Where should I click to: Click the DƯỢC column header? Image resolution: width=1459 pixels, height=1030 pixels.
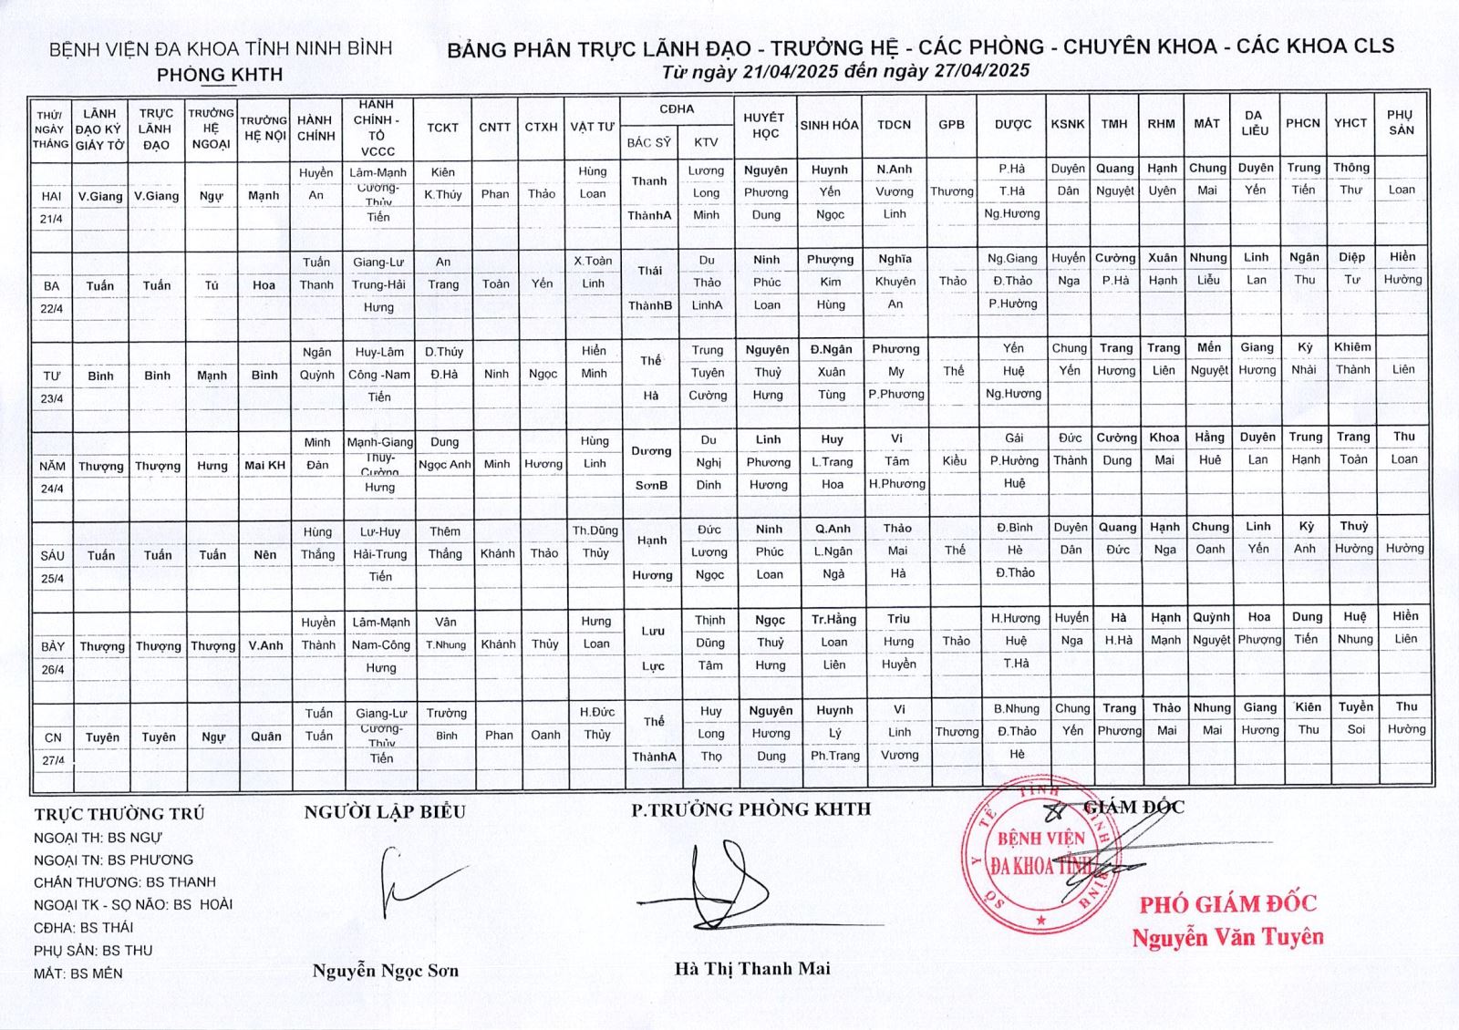[1012, 125]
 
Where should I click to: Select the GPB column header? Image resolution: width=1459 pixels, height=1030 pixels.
[951, 125]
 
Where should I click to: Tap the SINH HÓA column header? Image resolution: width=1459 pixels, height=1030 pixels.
[829, 125]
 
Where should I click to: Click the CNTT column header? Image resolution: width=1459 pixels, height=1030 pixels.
[494, 128]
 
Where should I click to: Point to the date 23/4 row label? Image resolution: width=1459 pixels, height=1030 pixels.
[52, 398]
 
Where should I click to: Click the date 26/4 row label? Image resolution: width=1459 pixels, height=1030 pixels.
[53, 670]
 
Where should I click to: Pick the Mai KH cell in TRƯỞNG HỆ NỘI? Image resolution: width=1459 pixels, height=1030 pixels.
[264, 466]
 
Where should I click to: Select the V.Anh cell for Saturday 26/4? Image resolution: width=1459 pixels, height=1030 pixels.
[265, 645]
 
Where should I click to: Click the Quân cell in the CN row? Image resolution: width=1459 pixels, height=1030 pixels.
[266, 736]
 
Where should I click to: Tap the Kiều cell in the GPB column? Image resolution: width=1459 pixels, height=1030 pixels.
[954, 461]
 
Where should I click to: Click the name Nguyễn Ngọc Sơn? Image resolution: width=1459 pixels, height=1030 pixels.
[385, 971]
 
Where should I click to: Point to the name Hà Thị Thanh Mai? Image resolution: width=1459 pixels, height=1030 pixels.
[752, 969]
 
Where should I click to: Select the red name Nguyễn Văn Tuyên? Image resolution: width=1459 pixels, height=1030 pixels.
[1227, 937]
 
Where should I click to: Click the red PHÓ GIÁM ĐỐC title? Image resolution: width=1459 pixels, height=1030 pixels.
[1227, 904]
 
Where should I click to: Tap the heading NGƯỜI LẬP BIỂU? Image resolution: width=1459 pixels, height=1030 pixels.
[385, 812]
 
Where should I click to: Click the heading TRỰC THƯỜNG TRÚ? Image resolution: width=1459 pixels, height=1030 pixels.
[119, 814]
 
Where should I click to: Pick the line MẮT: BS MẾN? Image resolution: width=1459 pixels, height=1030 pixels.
[78, 973]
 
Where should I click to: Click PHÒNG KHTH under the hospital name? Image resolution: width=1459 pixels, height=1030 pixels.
[220, 75]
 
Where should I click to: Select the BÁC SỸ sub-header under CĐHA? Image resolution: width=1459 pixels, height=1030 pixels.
[648, 142]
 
